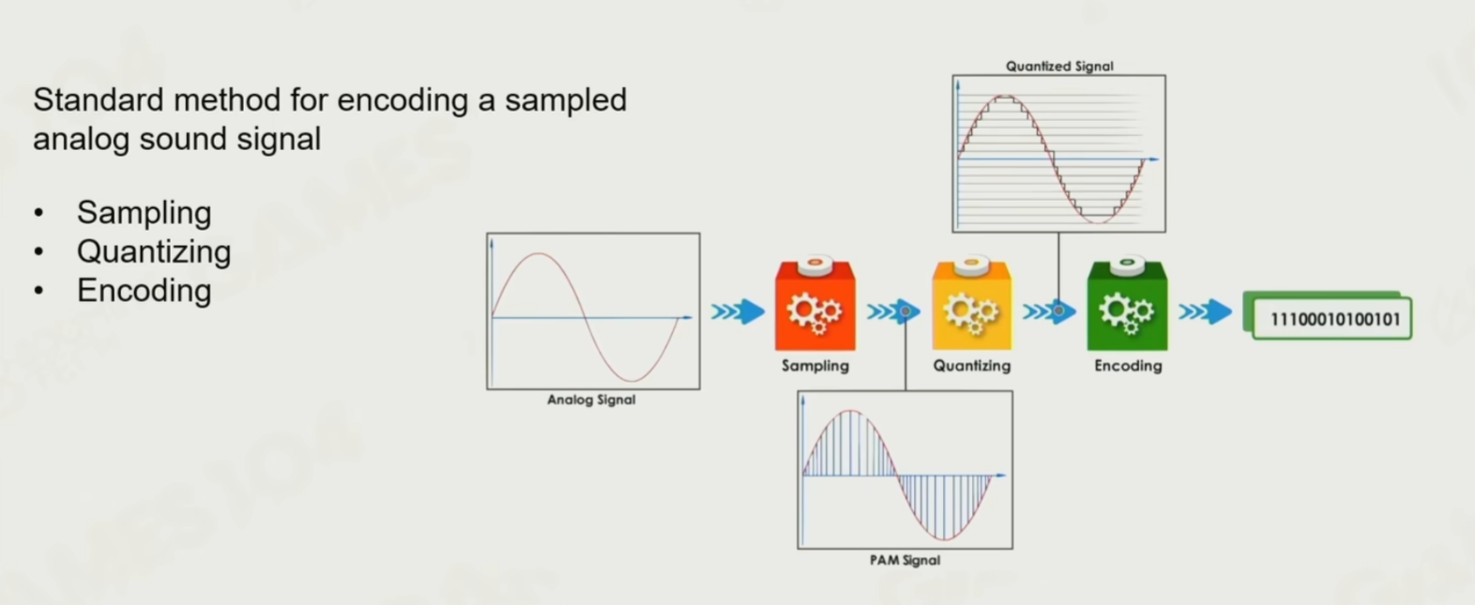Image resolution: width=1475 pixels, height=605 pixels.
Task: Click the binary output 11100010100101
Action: tap(1334, 319)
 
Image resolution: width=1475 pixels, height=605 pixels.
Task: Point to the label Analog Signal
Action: tap(591, 400)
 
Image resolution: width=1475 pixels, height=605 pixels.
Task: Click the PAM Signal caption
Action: tap(905, 560)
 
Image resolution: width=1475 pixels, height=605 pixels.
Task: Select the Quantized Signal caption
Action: tap(1058, 66)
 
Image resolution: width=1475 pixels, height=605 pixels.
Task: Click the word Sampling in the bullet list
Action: tap(144, 213)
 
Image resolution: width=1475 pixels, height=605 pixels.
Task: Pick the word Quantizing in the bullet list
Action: tap(154, 252)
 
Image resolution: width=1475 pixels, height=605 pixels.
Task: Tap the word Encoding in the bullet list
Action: tap(144, 291)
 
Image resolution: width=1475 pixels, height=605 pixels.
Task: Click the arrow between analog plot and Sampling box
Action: tap(737, 311)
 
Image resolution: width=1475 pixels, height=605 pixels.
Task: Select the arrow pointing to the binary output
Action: tap(1205, 311)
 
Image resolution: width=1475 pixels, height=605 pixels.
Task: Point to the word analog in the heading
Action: tap(81, 140)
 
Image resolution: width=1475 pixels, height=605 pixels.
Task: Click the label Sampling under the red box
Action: tap(815, 366)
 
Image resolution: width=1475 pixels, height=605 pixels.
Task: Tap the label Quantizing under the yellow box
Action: tap(972, 366)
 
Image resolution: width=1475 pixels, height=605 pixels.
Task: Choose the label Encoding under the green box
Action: tap(1128, 366)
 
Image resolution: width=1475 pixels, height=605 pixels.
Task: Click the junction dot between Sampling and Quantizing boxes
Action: tap(905, 310)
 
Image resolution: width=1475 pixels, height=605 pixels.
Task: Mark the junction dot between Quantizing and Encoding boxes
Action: tap(1058, 310)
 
